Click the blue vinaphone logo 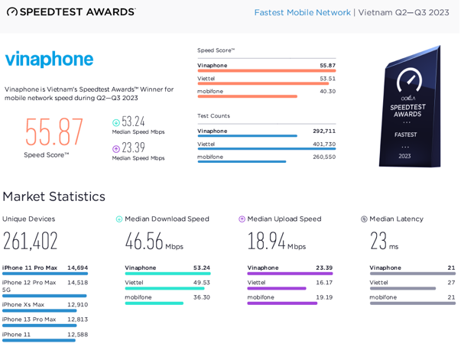point(49,60)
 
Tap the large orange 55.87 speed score point(54,132)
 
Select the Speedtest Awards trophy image point(411,107)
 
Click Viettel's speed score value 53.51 point(327,78)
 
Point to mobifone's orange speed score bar point(247,96)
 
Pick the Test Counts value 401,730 point(324,144)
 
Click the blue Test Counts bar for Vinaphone point(247,136)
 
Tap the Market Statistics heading point(54,196)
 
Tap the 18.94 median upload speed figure point(266,242)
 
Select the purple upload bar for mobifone point(282,303)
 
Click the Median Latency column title point(396,219)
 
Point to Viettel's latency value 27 point(451,282)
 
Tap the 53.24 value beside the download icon point(133,122)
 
